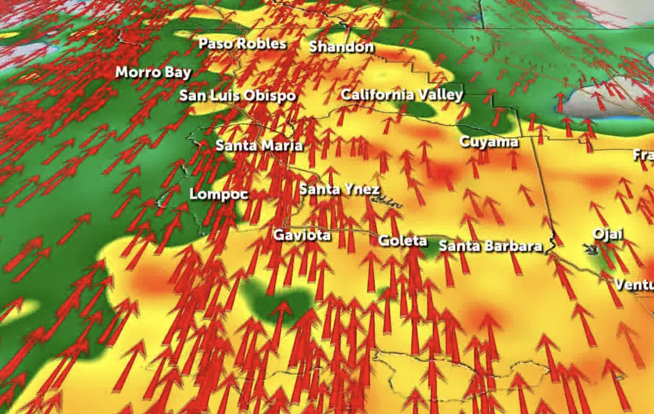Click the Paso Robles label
pyautogui.click(x=242, y=44)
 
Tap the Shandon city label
pyautogui.click(x=342, y=47)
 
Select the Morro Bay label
pyautogui.click(x=153, y=72)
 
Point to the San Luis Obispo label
pyautogui.click(x=238, y=96)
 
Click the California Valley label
pyautogui.click(x=402, y=95)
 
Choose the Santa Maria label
pyautogui.click(x=259, y=146)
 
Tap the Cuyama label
pyautogui.click(x=488, y=142)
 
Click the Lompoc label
pyautogui.click(x=219, y=194)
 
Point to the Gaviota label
pyautogui.click(x=301, y=235)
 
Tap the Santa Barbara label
pyautogui.click(x=491, y=246)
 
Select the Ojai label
pyautogui.click(x=608, y=235)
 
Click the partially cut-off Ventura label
pyautogui.click(x=634, y=284)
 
